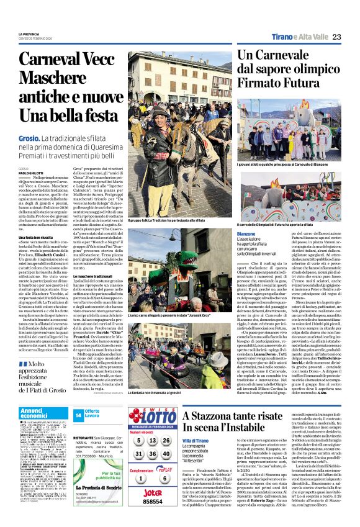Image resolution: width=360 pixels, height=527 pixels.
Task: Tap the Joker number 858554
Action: pyautogui.click(x=152, y=501)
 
